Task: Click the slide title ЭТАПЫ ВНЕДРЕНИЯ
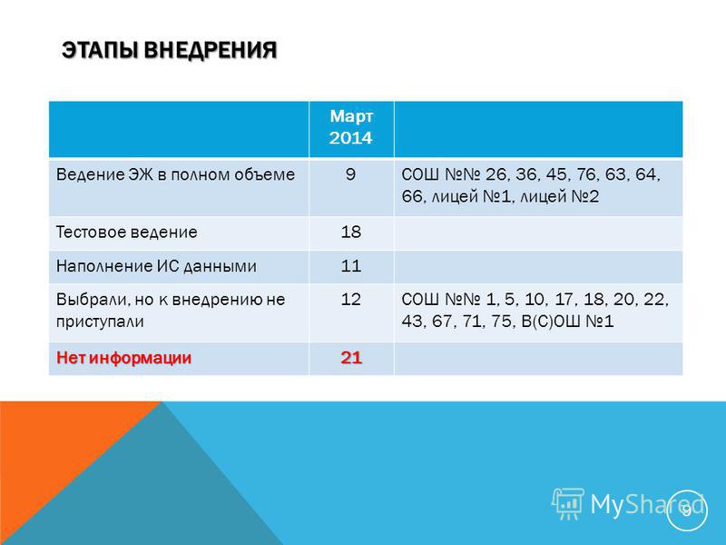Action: pyautogui.click(x=170, y=50)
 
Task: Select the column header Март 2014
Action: pyautogui.click(x=351, y=127)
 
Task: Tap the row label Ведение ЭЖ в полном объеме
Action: pyautogui.click(x=175, y=174)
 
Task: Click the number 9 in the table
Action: pyautogui.click(x=350, y=174)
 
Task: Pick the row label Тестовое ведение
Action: pyautogui.click(x=126, y=233)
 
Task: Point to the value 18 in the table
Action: pyautogui.click(x=351, y=232)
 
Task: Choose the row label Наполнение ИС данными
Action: pyautogui.click(x=156, y=266)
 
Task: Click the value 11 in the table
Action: pyautogui.click(x=351, y=266)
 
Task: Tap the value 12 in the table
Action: pyautogui.click(x=351, y=300)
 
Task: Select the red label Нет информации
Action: pyautogui.click(x=123, y=358)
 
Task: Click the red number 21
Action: pyautogui.click(x=351, y=358)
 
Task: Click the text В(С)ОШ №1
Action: pyautogui.click(x=567, y=322)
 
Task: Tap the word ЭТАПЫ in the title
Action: pyautogui.click(x=100, y=50)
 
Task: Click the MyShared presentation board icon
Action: pyautogui.click(x=568, y=503)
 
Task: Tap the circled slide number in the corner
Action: pyautogui.click(x=687, y=510)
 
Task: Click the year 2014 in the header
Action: pyautogui.click(x=351, y=138)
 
